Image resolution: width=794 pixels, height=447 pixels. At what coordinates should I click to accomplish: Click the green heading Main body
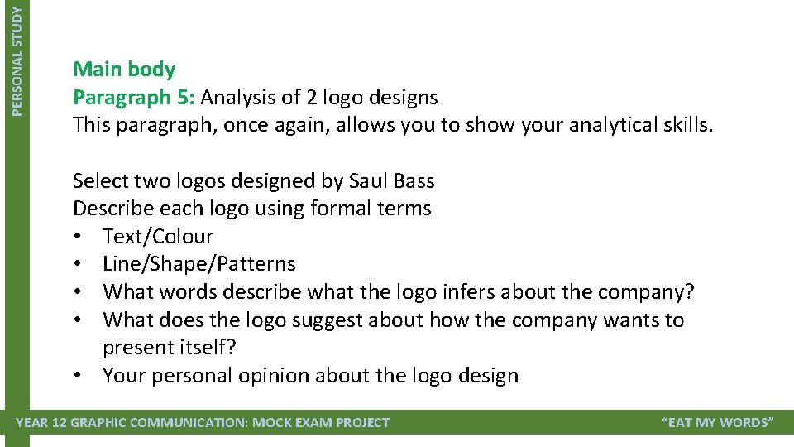click(124, 69)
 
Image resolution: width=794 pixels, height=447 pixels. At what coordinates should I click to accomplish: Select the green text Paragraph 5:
click(134, 97)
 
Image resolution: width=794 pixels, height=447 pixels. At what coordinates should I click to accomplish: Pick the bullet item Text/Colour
click(158, 236)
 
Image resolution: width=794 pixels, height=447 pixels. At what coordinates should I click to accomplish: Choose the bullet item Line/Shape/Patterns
click(198, 264)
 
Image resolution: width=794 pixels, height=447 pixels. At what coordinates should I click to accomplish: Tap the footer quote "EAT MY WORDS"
click(718, 423)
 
